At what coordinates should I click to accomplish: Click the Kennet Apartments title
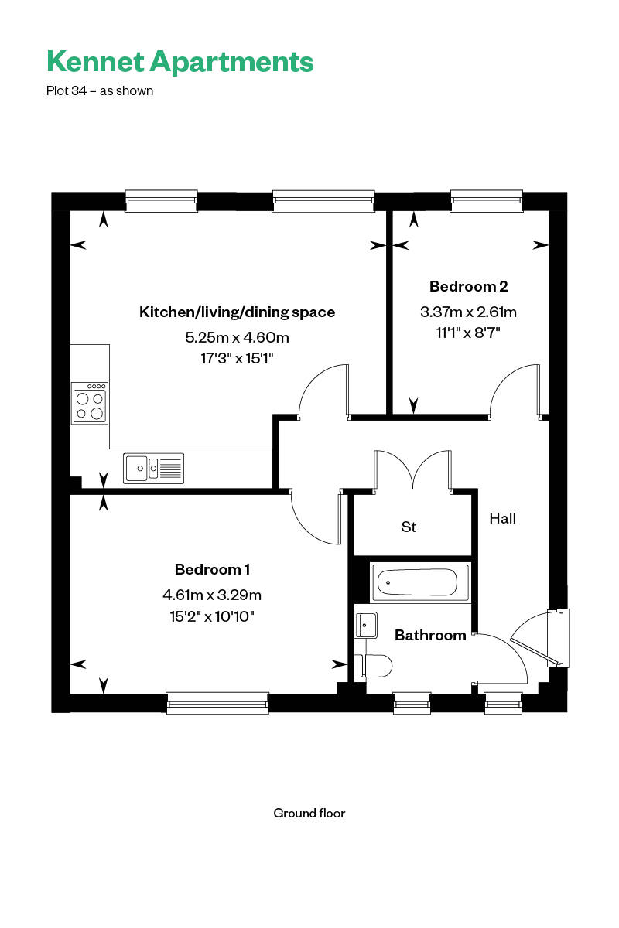coord(180,61)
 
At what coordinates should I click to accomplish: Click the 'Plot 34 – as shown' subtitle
coord(100,90)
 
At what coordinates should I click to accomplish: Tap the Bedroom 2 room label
coord(468,287)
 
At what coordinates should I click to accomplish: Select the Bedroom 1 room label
coord(212,570)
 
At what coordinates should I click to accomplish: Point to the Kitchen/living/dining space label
coord(237,312)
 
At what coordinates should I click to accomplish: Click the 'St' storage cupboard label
coord(409,527)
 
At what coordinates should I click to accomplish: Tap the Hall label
coord(502,518)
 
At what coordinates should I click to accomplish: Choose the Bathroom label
coord(430,636)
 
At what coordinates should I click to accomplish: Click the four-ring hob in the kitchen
coord(89,403)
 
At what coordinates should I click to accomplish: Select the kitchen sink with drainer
coord(153,468)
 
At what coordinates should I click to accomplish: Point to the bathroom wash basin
coord(366,623)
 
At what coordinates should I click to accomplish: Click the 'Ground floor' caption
coord(309,813)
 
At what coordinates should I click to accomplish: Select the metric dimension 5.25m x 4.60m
coord(237,338)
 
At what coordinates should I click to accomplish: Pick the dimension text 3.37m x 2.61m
coord(468,312)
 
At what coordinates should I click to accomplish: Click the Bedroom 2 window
coord(487,201)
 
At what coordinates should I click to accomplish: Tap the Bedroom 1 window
coord(217,702)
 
